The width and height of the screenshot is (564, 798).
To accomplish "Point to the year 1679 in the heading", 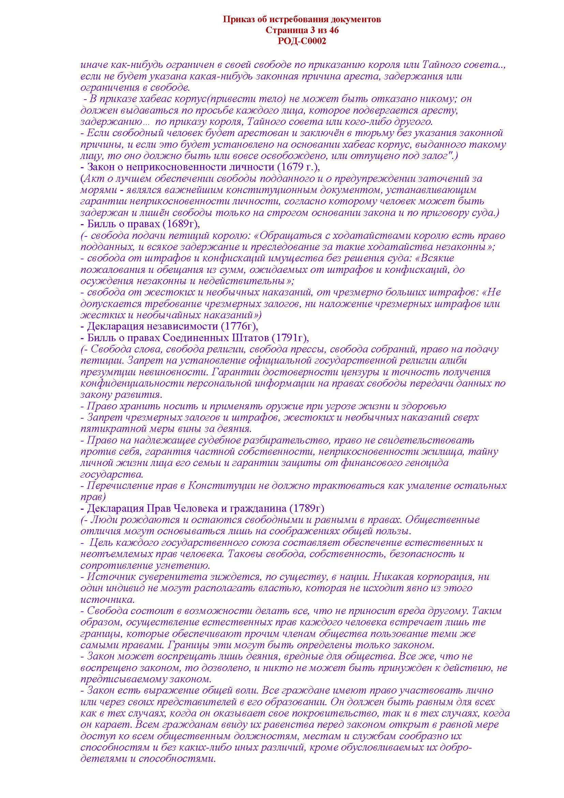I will point(291,167).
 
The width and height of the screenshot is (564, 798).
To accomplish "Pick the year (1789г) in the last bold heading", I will point(306,508).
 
